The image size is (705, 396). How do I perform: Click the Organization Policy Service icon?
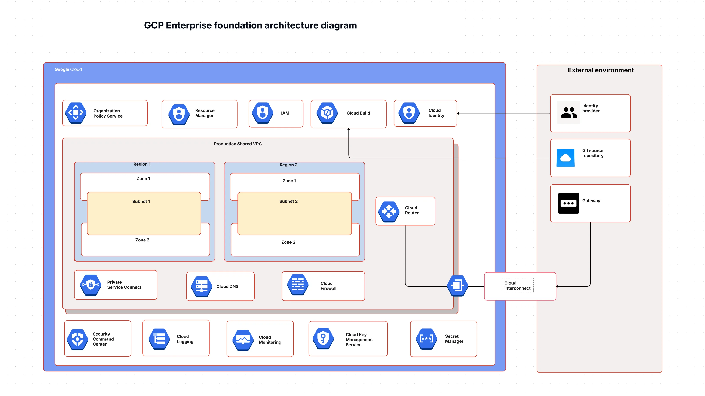pos(76,113)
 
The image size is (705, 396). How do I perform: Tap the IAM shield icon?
pos(263,113)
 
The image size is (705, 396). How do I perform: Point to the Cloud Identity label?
pos(436,113)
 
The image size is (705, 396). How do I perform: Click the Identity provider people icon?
pos(569,112)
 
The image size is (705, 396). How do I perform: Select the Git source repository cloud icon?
pos(565,158)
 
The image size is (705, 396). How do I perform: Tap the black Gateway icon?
pos(568,203)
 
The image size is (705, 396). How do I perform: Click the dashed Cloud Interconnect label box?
pos(517,286)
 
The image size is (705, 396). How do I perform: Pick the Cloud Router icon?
pos(389,211)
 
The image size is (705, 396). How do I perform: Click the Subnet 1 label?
pos(141,201)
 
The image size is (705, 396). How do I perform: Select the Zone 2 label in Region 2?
pos(288,242)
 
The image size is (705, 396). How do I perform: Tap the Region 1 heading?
pos(142,164)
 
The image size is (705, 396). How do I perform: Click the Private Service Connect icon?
pos(91,285)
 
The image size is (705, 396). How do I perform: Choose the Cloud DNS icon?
pos(201,286)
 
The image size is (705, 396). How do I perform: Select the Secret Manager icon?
pos(426,339)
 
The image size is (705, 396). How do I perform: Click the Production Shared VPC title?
pos(237,144)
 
